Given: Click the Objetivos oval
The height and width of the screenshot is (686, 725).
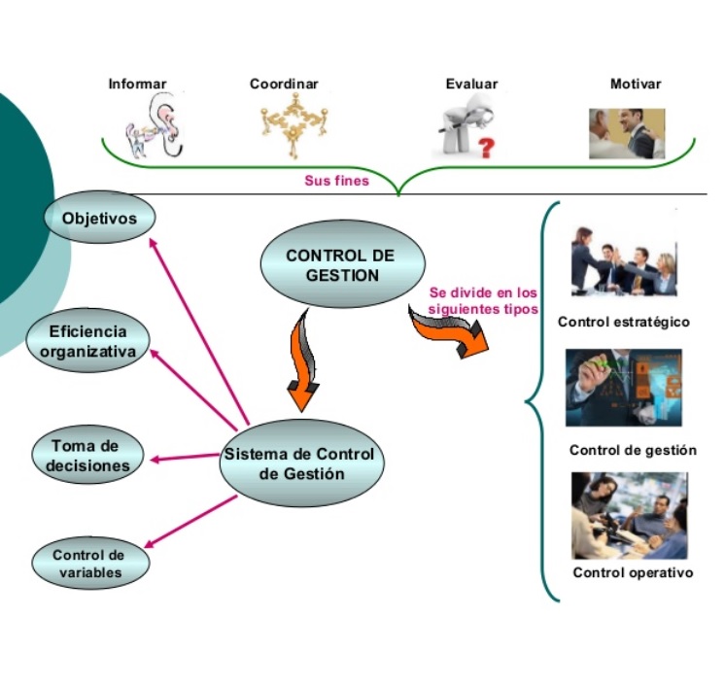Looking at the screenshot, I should pos(100,218).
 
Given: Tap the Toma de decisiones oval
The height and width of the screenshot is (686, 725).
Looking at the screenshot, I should pos(86,456).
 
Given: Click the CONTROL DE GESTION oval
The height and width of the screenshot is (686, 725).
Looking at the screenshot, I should pos(331,265).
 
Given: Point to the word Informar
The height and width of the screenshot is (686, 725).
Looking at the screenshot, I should pos(137,85).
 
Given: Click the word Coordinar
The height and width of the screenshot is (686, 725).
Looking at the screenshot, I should pos(284,85).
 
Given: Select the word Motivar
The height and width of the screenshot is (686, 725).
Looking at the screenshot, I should pos(636,85).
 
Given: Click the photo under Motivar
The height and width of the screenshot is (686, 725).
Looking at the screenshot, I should pos(627,133).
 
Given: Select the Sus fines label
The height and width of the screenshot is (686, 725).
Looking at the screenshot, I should pos(337,181).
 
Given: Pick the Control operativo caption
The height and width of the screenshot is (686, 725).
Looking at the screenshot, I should pos(633,572).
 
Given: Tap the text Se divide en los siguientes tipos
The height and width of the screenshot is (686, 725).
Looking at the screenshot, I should pos(483,301).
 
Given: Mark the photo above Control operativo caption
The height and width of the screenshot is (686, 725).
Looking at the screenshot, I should pos(630,516).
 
